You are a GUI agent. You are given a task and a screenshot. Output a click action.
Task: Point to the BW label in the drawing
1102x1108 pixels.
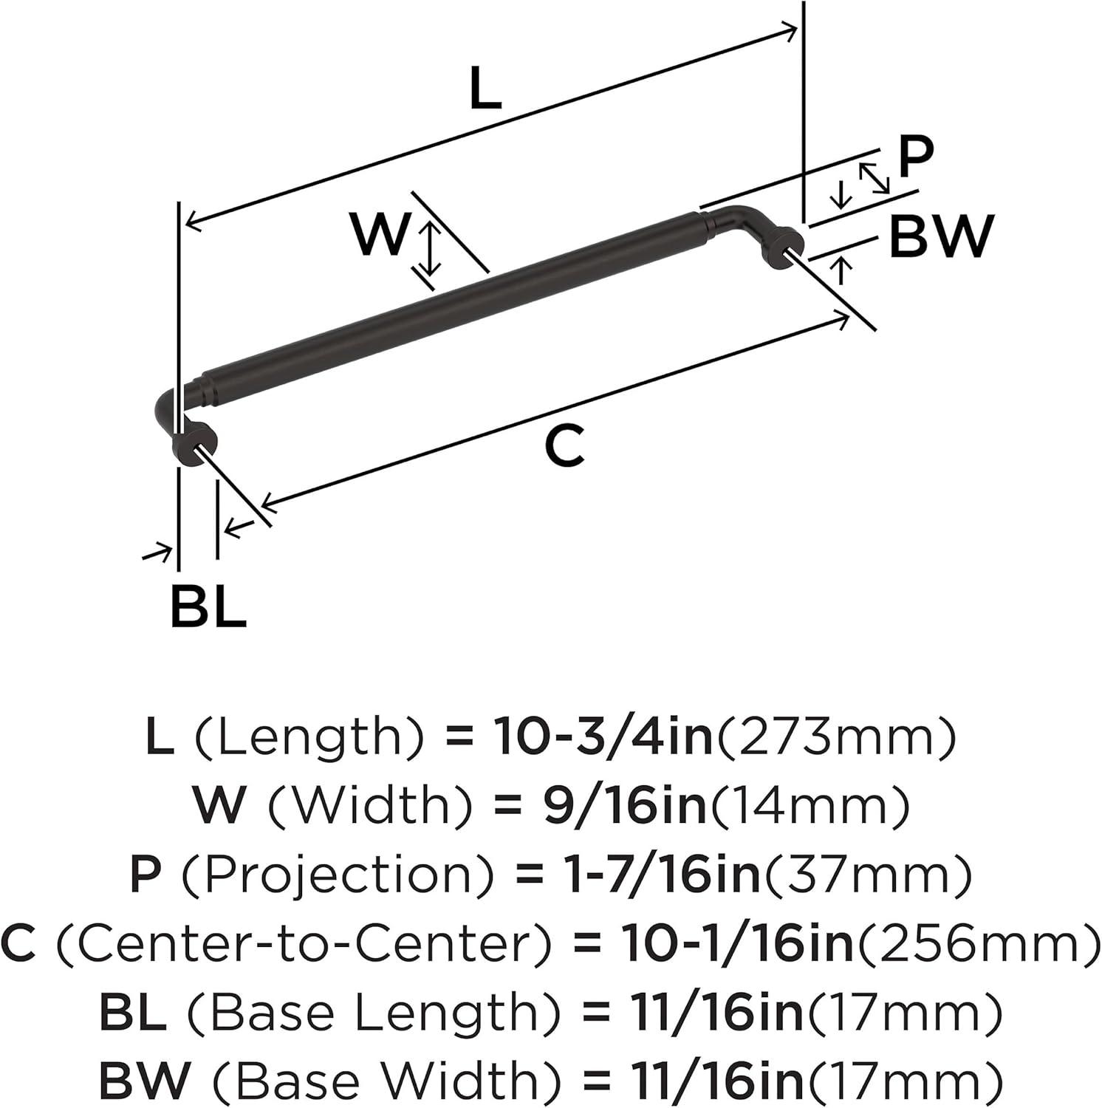(x=940, y=236)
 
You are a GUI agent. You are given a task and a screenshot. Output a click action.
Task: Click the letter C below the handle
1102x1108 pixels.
(x=564, y=445)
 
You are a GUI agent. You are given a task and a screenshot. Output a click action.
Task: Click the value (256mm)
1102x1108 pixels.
(x=977, y=943)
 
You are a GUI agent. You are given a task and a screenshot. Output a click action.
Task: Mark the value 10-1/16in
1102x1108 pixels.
(x=738, y=943)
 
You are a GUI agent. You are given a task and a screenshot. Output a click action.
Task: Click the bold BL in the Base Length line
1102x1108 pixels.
(x=132, y=1012)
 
